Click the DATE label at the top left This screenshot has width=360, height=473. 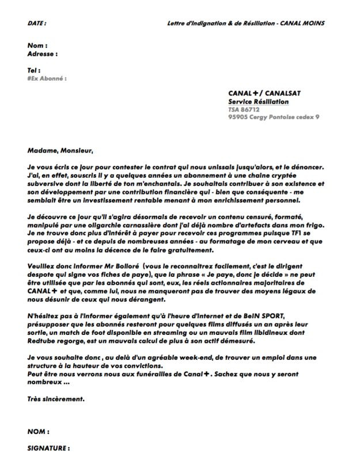tap(37, 23)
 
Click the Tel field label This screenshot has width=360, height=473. tap(33, 70)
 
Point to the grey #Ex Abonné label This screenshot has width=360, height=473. tap(47, 78)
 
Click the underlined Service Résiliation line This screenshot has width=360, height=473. tap(259, 101)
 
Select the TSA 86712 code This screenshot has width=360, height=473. tap(244, 109)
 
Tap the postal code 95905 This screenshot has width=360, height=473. tap(238, 117)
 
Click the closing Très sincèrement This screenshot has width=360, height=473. tap(55, 398)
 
